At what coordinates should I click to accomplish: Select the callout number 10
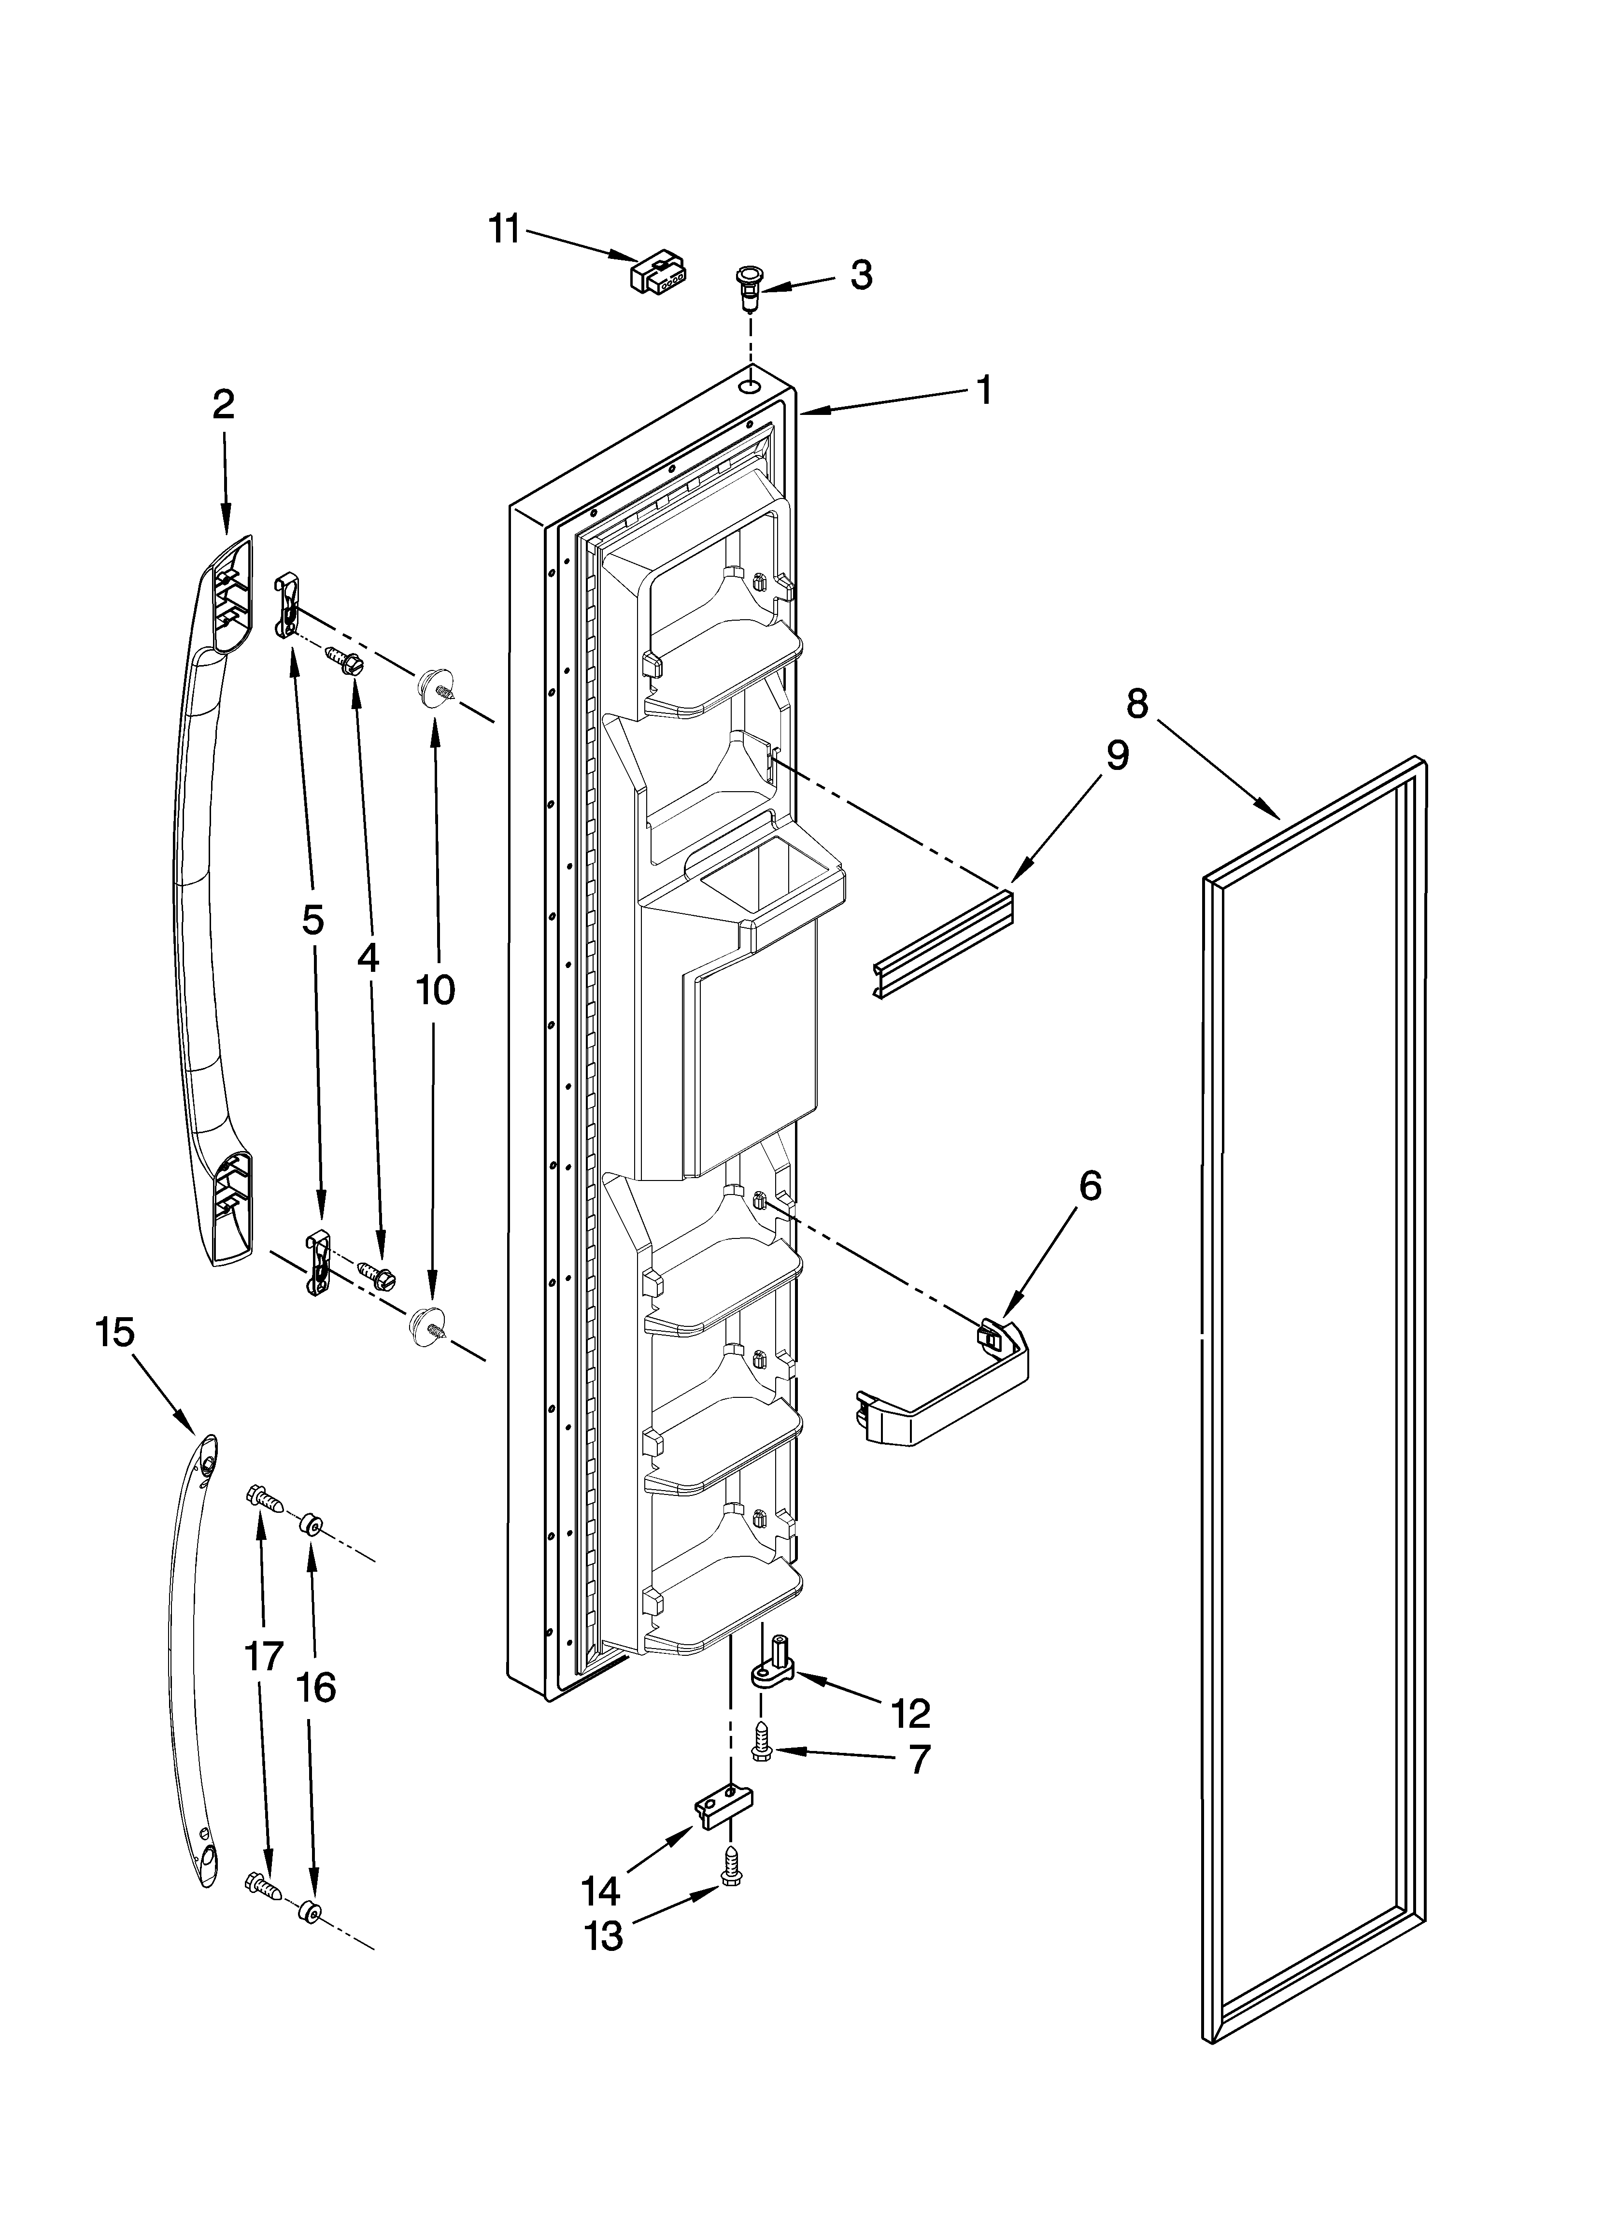(x=435, y=990)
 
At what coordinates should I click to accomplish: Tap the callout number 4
(x=368, y=957)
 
